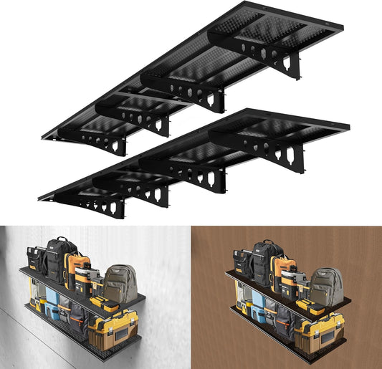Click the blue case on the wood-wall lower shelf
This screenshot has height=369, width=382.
[x=256, y=308]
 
